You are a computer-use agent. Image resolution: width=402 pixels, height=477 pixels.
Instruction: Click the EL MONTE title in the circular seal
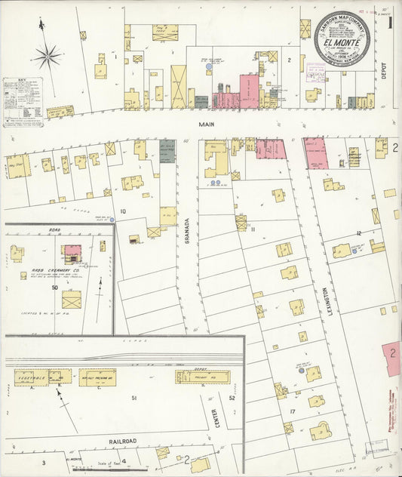(336, 42)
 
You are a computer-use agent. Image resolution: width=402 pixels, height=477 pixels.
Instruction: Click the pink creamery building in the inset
(72, 250)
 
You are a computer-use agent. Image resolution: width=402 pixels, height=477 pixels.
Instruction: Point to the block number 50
(55, 287)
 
